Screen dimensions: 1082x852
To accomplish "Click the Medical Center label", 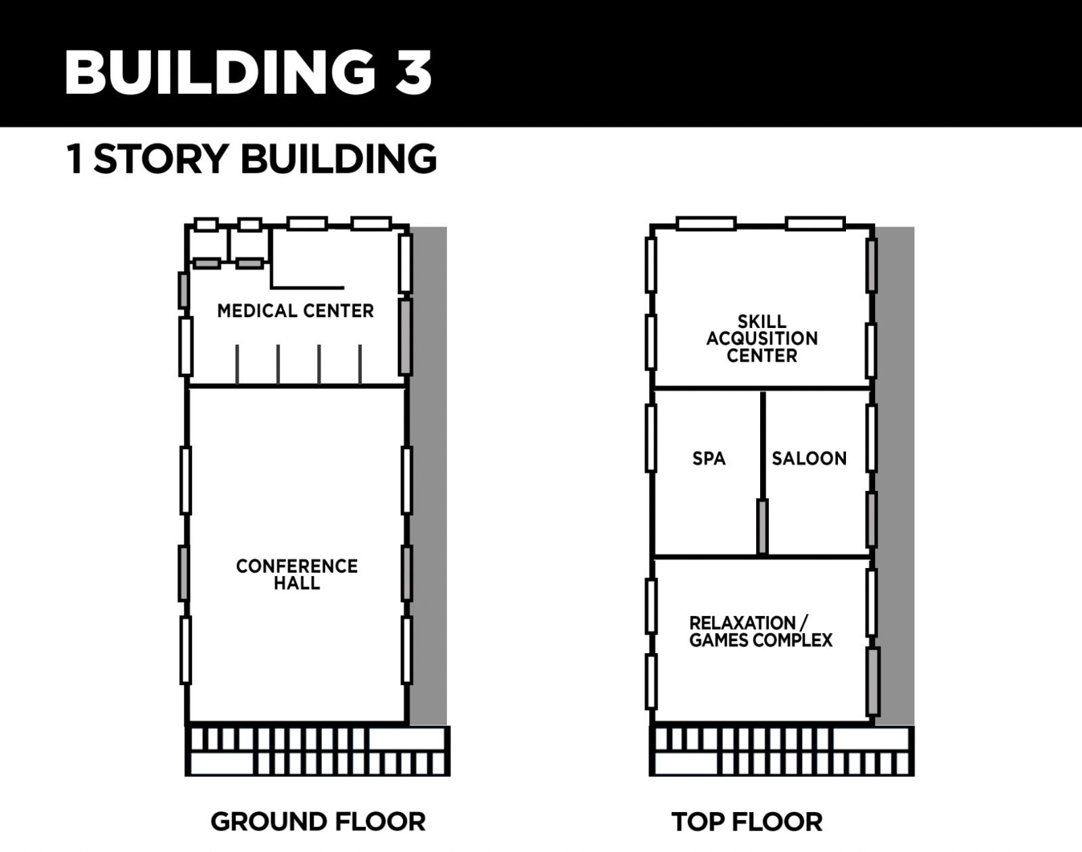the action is [295, 311].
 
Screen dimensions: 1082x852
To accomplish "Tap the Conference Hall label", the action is [297, 574].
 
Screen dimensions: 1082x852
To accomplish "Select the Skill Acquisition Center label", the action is [761, 339].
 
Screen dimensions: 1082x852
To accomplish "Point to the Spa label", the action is [709, 458].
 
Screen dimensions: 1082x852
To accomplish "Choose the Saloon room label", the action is [809, 458].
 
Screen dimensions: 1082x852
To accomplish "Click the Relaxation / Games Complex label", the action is [761, 631].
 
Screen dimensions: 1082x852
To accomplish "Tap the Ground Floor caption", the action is [318, 822].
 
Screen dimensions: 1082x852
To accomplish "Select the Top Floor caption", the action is [747, 822].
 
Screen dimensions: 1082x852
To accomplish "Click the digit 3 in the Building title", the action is [413, 72].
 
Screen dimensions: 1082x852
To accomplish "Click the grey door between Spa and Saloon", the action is [762, 527].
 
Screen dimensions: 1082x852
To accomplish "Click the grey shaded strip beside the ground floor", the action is [428, 476].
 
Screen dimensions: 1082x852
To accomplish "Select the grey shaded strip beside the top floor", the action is [895, 476].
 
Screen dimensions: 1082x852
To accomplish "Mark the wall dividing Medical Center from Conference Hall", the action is [297, 385].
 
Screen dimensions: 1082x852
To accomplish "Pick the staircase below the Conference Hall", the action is [317, 751].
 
